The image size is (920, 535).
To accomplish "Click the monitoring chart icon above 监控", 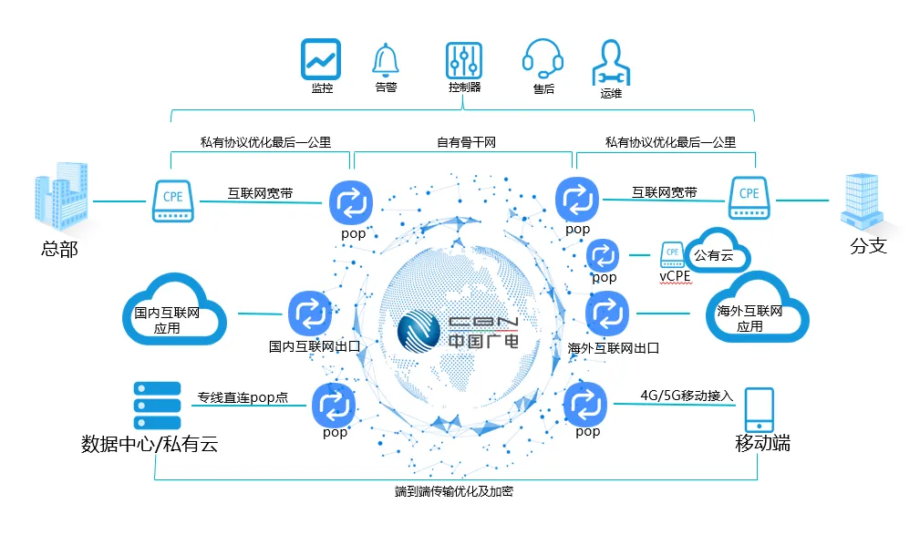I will pyautogui.click(x=321, y=59).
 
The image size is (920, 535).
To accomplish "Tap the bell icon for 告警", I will pyautogui.click(x=386, y=60).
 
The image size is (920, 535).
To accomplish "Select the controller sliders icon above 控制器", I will pyautogui.click(x=464, y=60).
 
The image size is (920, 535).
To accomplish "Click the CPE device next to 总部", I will pyautogui.click(x=172, y=199).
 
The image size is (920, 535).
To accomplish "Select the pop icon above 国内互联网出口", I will pyautogui.click(x=310, y=314).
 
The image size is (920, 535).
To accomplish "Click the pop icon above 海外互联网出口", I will pyautogui.click(x=607, y=314).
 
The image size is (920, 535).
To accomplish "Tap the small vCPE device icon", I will pyautogui.click(x=672, y=252).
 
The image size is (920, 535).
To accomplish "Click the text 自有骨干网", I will pyautogui.click(x=465, y=142).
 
